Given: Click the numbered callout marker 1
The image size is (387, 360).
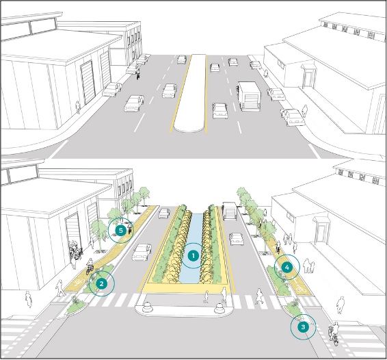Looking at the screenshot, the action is pos(193,256).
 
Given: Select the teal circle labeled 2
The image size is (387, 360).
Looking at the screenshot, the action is pos(101,283).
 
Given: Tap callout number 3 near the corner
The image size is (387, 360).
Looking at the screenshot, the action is pos(303,327).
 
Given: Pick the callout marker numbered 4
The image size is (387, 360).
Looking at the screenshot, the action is pos(286,267).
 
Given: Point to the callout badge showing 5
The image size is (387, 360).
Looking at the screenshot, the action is pos(121,231).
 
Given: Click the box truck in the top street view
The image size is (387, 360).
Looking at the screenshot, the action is pos(249,96).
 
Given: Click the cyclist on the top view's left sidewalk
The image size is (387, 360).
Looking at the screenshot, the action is pos(137,73).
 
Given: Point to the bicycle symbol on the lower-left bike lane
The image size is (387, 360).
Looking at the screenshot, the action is pos(79,281).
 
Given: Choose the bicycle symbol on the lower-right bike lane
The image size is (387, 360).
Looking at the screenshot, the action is pos(300,288).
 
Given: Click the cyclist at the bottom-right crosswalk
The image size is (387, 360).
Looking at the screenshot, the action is pos(334,333).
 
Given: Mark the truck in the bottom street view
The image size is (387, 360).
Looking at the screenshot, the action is pos(230,211).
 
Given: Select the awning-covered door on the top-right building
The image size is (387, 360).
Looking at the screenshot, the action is pos(308,77).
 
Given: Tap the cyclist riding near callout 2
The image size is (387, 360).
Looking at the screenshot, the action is pos(90,266).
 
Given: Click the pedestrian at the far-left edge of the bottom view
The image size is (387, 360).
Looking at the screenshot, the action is pos(29,298).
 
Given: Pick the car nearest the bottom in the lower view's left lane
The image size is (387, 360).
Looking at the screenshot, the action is pos(142,252).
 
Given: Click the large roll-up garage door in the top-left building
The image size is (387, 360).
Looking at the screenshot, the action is pos(88,82).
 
